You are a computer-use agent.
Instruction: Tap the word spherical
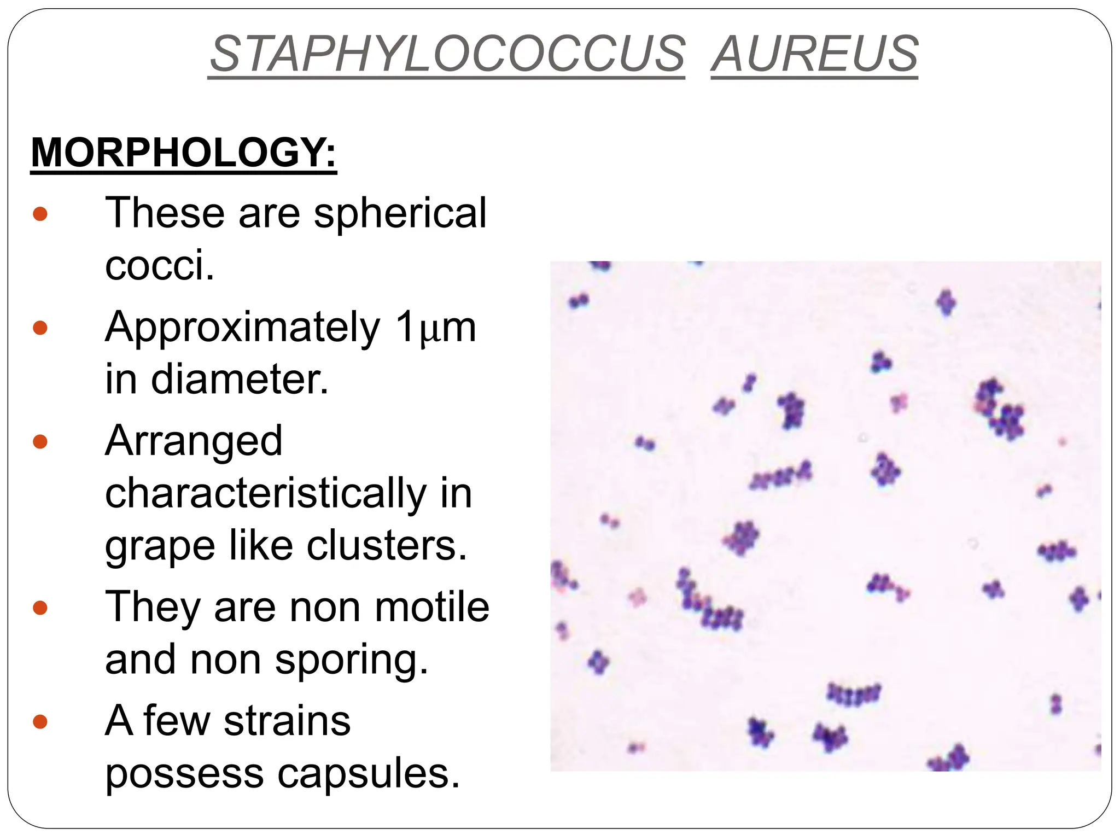(400, 213)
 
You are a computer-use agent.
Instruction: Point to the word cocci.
(159, 265)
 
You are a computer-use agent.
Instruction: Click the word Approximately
(242, 328)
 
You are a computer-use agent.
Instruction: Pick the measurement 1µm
(435, 328)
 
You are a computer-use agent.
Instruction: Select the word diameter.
(240, 379)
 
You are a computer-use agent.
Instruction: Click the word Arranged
(194, 441)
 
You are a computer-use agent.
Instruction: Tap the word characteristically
(265, 493)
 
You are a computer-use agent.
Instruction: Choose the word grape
(160, 546)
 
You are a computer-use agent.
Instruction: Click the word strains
(287, 721)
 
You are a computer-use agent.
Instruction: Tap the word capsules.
(369, 774)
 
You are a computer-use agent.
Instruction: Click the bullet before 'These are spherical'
(40, 213)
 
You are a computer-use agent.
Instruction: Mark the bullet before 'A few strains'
(40, 722)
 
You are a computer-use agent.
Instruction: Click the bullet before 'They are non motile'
(40, 608)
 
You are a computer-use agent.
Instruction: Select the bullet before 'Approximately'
(40, 328)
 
